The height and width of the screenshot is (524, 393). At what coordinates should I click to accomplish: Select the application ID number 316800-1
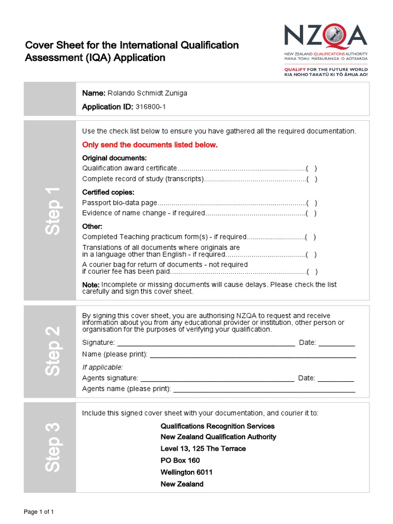(x=150, y=107)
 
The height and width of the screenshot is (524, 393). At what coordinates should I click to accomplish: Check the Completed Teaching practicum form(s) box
(x=310, y=237)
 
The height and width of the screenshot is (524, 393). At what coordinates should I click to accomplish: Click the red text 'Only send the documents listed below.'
(x=150, y=145)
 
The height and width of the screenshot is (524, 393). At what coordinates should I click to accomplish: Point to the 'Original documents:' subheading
(x=115, y=158)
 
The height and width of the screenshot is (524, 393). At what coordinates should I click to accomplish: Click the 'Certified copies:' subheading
(x=108, y=192)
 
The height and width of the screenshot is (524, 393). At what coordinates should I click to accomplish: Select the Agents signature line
(x=217, y=379)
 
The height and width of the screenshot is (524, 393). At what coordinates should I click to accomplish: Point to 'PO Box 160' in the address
(x=180, y=460)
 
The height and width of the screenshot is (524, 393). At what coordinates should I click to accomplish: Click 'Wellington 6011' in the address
(x=186, y=472)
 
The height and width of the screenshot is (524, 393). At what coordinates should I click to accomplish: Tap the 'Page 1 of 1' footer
(x=40, y=512)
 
